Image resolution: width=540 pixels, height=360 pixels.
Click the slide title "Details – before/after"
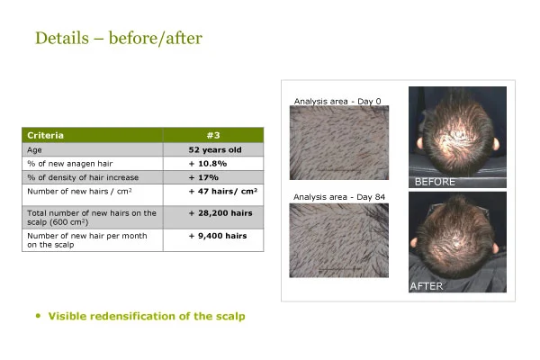tap(119, 38)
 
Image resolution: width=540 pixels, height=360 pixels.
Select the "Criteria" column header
tap(45, 135)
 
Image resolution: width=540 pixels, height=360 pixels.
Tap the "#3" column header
tap(213, 135)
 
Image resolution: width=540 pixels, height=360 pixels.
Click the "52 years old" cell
tap(215, 150)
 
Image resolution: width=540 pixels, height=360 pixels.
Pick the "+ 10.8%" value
tap(208, 164)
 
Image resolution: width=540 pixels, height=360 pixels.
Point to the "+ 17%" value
tap(203, 177)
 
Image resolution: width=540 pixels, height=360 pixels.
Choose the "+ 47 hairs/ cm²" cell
tap(223, 191)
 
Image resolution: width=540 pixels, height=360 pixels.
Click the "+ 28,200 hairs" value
tap(220, 213)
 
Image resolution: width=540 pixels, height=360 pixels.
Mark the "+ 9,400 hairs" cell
tap(218, 236)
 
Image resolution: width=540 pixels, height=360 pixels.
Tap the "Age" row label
tap(34, 150)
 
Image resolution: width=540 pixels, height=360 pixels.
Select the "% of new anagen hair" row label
tap(70, 164)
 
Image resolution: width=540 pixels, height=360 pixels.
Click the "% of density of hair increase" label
tap(83, 177)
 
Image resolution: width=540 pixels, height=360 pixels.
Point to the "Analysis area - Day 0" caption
tap(337, 102)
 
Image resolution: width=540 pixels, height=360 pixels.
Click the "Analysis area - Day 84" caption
tap(339, 197)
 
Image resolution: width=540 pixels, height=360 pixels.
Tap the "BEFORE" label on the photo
tap(435, 182)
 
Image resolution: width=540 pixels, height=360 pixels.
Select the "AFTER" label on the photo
tap(427, 286)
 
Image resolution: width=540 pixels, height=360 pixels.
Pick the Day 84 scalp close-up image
tap(339, 240)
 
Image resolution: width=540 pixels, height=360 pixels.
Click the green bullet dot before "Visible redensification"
tap(38, 316)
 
